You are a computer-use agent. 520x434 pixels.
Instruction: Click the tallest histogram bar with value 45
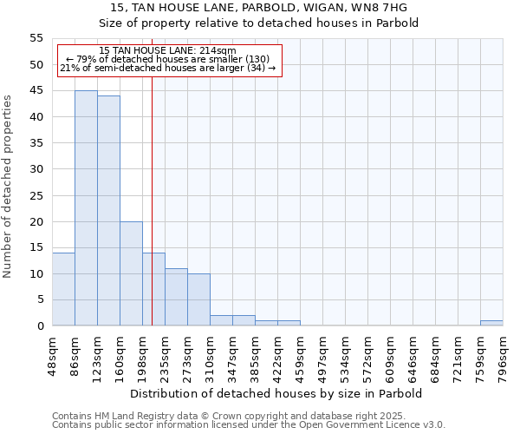(x=86, y=208)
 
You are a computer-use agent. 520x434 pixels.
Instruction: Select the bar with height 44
(x=108, y=211)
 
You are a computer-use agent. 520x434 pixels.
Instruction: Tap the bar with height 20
(x=131, y=273)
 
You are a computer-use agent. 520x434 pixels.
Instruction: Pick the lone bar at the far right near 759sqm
(x=491, y=323)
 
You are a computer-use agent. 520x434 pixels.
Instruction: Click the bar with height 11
(x=176, y=297)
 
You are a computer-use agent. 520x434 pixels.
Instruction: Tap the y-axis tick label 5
(x=39, y=299)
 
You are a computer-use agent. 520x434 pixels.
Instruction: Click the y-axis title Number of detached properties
(x=8, y=186)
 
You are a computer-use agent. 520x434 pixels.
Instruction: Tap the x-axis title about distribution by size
(x=276, y=393)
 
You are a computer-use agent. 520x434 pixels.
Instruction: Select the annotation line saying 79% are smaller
(x=168, y=59)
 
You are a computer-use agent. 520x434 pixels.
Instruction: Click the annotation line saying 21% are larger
(x=168, y=68)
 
